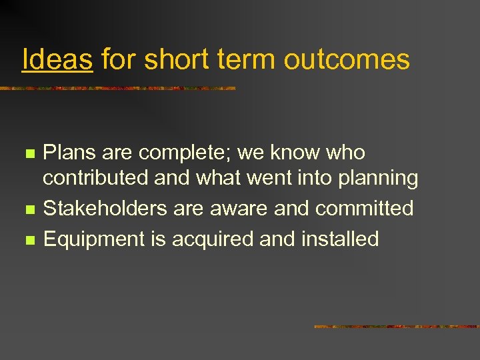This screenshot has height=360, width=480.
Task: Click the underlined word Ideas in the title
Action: coord(57,60)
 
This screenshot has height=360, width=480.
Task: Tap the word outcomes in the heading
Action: coord(346,60)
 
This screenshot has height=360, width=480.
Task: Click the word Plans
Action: coord(65,153)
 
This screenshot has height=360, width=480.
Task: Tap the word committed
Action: coord(365,209)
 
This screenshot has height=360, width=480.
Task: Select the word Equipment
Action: coord(87,239)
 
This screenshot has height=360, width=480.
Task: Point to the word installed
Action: coord(341,239)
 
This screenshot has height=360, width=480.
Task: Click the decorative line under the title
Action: coord(118,88)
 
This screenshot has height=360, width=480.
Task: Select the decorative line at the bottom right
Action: coord(396,327)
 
